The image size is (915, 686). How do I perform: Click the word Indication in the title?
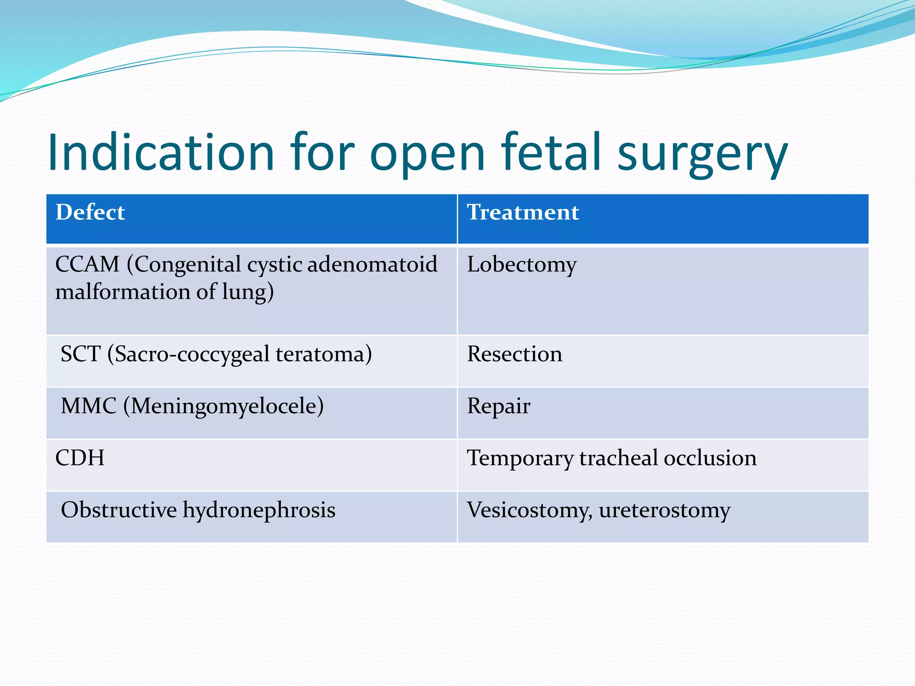click(161, 153)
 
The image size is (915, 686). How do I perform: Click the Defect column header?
click(90, 212)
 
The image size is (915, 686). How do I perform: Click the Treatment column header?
click(523, 212)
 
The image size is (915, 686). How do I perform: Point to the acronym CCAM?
click(87, 264)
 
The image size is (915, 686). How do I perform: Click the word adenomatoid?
click(372, 264)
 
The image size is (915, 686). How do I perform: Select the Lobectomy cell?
click(521, 265)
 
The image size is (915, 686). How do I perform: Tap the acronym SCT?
click(80, 354)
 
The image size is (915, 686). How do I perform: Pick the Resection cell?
click(514, 354)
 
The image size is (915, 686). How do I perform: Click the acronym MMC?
click(88, 406)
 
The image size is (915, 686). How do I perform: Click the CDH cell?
click(80, 458)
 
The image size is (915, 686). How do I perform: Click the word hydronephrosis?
click(259, 510)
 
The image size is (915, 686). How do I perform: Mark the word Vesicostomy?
click(529, 510)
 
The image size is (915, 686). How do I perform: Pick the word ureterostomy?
click(664, 510)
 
